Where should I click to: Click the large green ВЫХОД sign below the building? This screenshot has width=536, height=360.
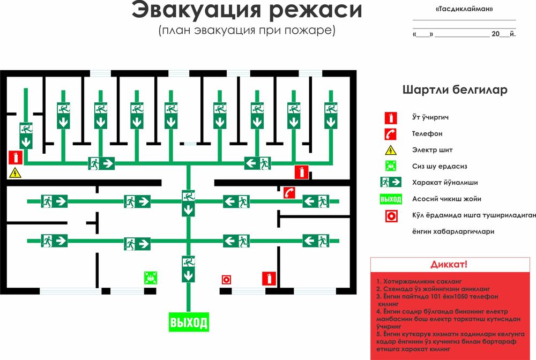tap(188, 322)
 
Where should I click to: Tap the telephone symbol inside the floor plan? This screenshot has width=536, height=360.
tap(289, 193)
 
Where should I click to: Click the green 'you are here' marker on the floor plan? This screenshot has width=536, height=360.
tap(151, 277)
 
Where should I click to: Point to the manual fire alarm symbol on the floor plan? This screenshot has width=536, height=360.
tap(226, 279)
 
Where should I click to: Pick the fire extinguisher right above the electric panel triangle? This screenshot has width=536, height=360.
tap(15, 157)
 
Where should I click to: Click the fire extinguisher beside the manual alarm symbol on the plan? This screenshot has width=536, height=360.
tap(269, 279)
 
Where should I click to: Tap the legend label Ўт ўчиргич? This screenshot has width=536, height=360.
tap(430, 117)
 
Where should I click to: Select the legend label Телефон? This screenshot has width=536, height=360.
tap(427, 133)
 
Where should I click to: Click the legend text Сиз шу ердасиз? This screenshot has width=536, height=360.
tap(438, 166)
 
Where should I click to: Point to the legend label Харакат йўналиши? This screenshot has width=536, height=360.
tap(445, 182)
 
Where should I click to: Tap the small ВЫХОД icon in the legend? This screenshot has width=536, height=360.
tap(391, 199)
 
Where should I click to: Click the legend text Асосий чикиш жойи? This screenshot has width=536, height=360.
tap(446, 199)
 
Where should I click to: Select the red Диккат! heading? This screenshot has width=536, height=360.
tap(449, 265)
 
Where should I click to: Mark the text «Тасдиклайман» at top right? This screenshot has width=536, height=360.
tap(464, 10)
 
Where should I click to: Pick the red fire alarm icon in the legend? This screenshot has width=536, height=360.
tap(391, 216)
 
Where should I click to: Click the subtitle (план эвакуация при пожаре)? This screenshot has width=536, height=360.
tap(247, 30)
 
